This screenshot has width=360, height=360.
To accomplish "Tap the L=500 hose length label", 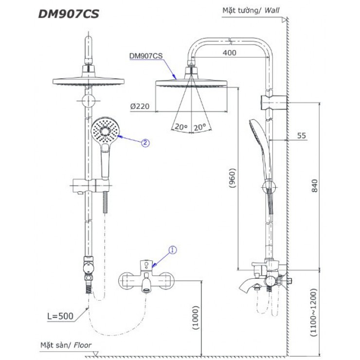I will pos(60,316).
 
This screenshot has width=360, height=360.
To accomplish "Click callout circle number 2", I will pos(144,143).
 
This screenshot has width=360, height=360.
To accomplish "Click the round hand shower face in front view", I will pos(105,130).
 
